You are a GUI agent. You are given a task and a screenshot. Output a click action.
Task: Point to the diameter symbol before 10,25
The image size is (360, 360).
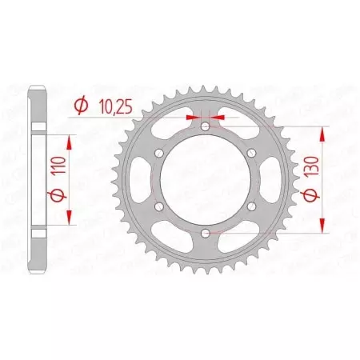point(81,104)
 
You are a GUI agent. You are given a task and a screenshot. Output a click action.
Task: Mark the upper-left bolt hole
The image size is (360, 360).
point(159,153)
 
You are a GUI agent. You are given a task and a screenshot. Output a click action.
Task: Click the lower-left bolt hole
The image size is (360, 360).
point(159,206)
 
